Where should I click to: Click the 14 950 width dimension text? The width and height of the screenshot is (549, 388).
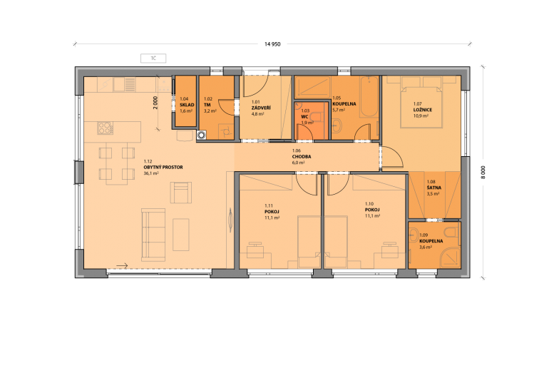point(272,44)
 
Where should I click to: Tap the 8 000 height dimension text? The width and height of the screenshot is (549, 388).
point(483,173)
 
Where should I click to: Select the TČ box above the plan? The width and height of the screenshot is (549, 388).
point(153,58)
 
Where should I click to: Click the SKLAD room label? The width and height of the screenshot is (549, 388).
point(187,105)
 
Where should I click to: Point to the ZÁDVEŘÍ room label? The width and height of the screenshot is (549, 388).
point(261,108)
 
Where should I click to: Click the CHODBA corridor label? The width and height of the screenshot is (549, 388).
point(302,156)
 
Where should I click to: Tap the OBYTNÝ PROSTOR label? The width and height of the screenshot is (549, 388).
point(163,168)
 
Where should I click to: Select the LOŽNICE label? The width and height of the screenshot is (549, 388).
point(423,110)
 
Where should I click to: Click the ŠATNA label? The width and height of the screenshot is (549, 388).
point(433,188)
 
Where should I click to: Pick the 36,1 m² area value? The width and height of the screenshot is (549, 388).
point(151,173)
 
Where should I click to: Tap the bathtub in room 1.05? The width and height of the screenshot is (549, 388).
point(369,96)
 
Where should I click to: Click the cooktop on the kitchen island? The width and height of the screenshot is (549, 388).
point(105,128)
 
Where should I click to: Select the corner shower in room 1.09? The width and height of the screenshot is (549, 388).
point(450,257)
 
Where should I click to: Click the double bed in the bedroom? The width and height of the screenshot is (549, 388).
point(421,102)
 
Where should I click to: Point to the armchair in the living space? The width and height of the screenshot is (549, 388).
point(180,193)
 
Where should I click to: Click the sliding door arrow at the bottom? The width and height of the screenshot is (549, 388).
point(122,266)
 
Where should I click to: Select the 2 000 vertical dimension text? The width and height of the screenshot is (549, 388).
point(155,103)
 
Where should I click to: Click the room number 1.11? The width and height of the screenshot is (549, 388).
point(269,206)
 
